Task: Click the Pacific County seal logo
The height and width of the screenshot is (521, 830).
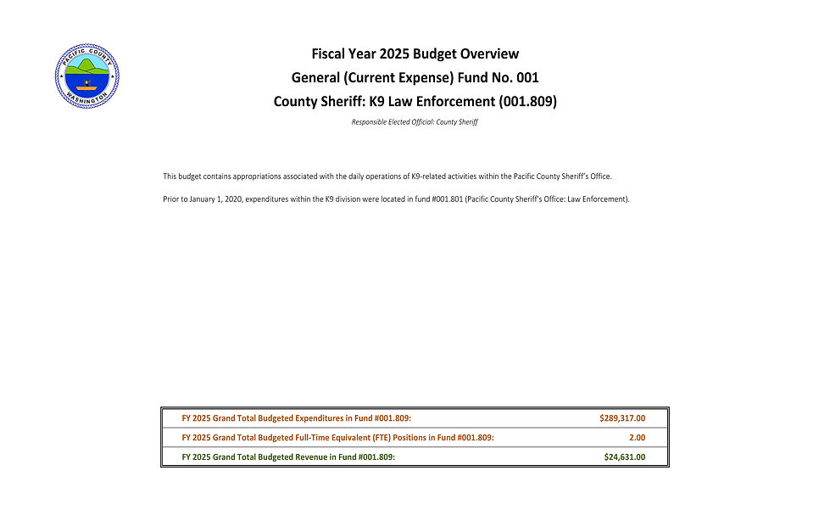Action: [x=87, y=76]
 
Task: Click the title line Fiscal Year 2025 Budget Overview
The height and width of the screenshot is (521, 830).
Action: [x=415, y=54]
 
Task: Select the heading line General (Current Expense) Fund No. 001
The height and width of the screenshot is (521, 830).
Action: [x=415, y=78]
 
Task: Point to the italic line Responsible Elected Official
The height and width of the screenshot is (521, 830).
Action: [x=415, y=122]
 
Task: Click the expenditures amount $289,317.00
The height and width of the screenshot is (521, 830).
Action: [x=621, y=418]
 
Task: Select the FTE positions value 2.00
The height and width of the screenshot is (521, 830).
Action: [x=636, y=438]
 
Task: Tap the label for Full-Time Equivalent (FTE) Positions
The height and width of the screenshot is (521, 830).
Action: [x=337, y=438]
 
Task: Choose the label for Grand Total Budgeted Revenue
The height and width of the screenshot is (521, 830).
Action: [x=288, y=457]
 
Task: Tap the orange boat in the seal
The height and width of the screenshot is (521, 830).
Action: [x=86, y=87]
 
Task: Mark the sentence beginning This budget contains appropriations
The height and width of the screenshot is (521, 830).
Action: [x=387, y=176]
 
